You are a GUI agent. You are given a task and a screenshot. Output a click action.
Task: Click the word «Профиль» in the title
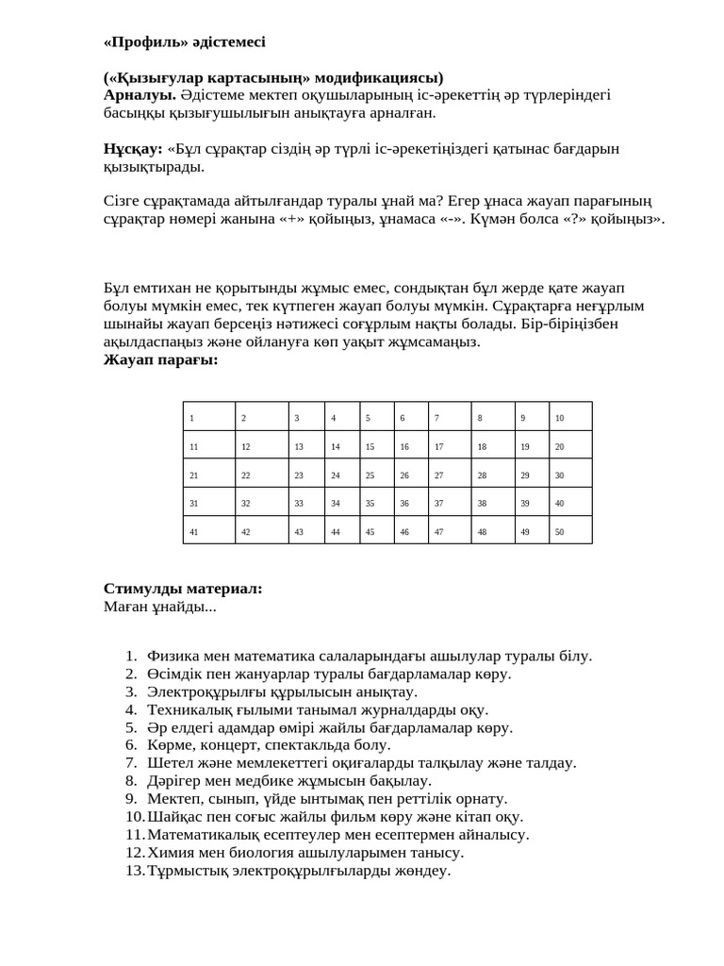point(142,42)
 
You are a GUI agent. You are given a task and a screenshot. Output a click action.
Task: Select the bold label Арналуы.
point(140,94)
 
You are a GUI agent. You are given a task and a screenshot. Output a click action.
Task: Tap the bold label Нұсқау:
point(133,148)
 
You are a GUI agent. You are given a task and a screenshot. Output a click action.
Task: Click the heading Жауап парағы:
point(160,358)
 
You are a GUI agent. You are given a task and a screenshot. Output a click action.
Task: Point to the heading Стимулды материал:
point(183,589)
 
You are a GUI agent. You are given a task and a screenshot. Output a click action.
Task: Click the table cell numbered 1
point(208,417)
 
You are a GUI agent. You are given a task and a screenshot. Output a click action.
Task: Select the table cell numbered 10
point(570,417)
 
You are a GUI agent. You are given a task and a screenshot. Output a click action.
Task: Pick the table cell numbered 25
point(377,475)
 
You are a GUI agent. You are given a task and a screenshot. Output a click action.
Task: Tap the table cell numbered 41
point(208,531)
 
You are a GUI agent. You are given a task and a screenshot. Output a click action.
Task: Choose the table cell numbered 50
point(570,531)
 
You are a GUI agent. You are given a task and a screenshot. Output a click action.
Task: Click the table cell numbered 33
point(306,503)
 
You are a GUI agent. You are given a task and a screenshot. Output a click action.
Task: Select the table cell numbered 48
point(493,531)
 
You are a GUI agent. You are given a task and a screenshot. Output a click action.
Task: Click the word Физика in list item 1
point(172,657)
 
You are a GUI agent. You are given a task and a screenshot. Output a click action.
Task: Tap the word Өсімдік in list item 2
point(175,675)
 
